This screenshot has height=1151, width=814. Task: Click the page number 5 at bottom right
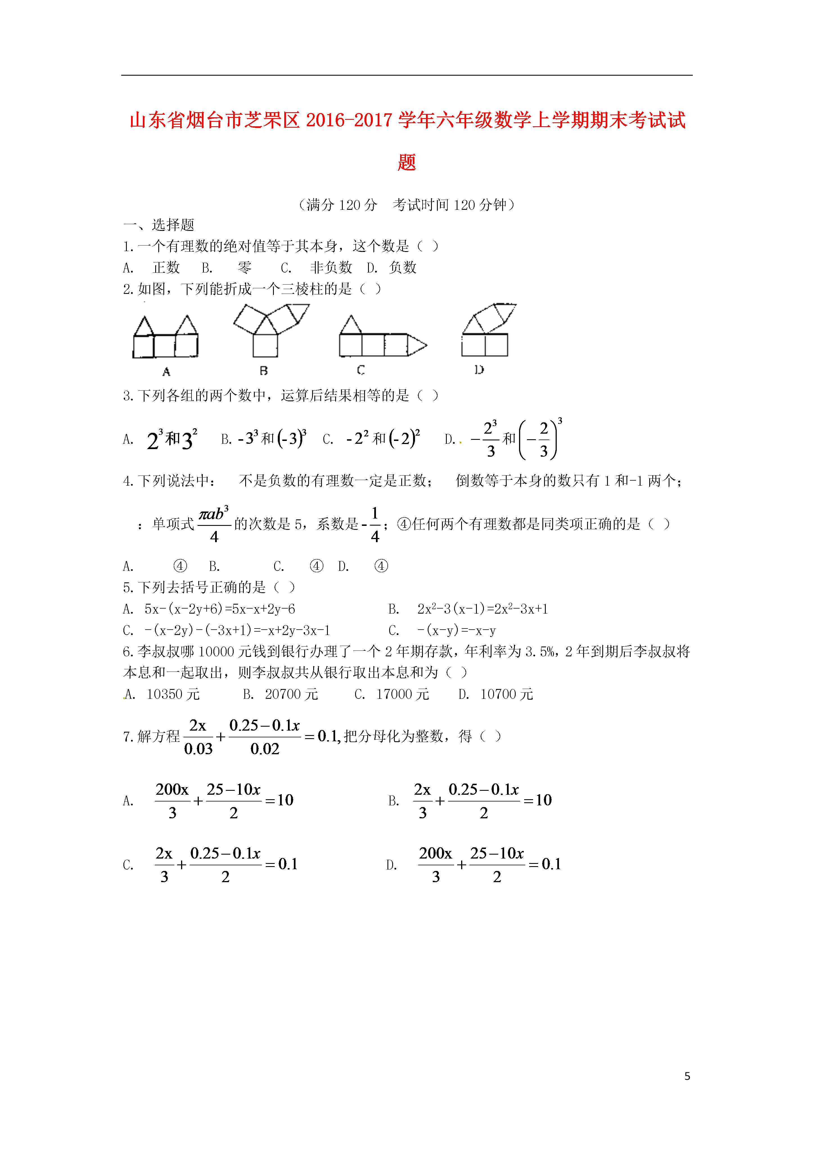687,1076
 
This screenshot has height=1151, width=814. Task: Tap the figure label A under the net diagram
166,371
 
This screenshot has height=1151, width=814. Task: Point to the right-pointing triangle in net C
416,345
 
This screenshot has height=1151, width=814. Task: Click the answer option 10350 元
173,694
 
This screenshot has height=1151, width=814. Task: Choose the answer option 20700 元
291,694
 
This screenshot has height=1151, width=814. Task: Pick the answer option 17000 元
402,694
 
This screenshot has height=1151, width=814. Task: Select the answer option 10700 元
506,694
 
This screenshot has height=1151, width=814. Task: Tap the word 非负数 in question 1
331,268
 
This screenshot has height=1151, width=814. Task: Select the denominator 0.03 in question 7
199,749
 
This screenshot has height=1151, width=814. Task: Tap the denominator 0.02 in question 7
265,749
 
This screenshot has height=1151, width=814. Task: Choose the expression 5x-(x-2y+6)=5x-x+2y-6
220,609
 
